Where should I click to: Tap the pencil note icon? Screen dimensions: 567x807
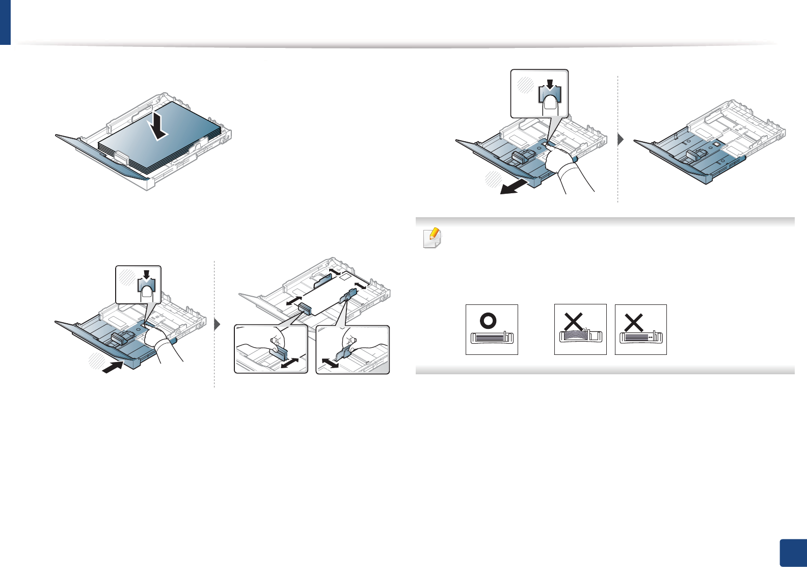tap(433, 238)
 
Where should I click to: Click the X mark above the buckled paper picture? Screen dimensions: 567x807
tap(574, 322)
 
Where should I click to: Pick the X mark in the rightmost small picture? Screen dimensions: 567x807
tap(634, 322)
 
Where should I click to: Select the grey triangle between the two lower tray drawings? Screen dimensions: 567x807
tap(217, 325)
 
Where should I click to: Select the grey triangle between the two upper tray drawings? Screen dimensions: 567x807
tap(621, 139)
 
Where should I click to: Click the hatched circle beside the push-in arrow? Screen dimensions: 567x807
tap(95, 360)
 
